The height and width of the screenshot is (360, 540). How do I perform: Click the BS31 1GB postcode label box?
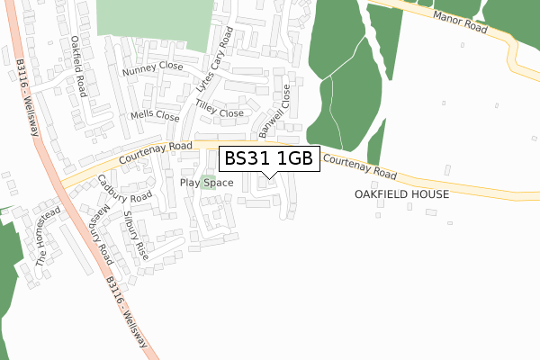(x=267, y=158)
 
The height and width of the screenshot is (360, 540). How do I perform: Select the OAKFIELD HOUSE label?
(x=400, y=193)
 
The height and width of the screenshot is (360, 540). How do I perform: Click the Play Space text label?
(x=206, y=183)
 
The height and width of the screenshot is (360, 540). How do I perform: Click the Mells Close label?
(x=154, y=115)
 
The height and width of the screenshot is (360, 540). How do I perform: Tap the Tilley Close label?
(x=220, y=113)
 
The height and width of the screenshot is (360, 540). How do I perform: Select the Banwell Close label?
(x=275, y=110)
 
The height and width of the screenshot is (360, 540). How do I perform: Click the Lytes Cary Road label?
(x=214, y=60)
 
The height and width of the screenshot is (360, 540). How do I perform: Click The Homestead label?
(x=47, y=236)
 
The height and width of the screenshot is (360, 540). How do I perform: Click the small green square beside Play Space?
(x=208, y=169)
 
